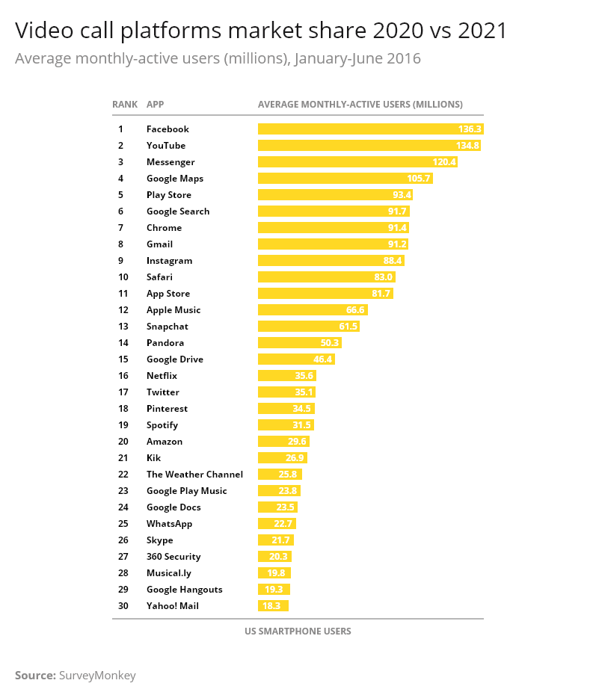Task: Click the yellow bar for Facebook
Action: [370, 129]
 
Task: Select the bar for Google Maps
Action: [345, 178]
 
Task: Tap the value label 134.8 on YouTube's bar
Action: [467, 145]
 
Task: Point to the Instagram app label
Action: [169, 260]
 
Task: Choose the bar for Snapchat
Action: [308, 326]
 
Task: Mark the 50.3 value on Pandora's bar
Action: [329, 342]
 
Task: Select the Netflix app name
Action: [162, 375]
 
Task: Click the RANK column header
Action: [125, 104]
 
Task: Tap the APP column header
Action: [155, 104]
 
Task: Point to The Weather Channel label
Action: [194, 474]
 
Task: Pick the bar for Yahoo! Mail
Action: [273, 605]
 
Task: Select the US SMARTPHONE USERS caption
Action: [298, 631]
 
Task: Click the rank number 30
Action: [123, 605]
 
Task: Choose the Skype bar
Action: [275, 540]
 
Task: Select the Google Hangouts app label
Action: [184, 589]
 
